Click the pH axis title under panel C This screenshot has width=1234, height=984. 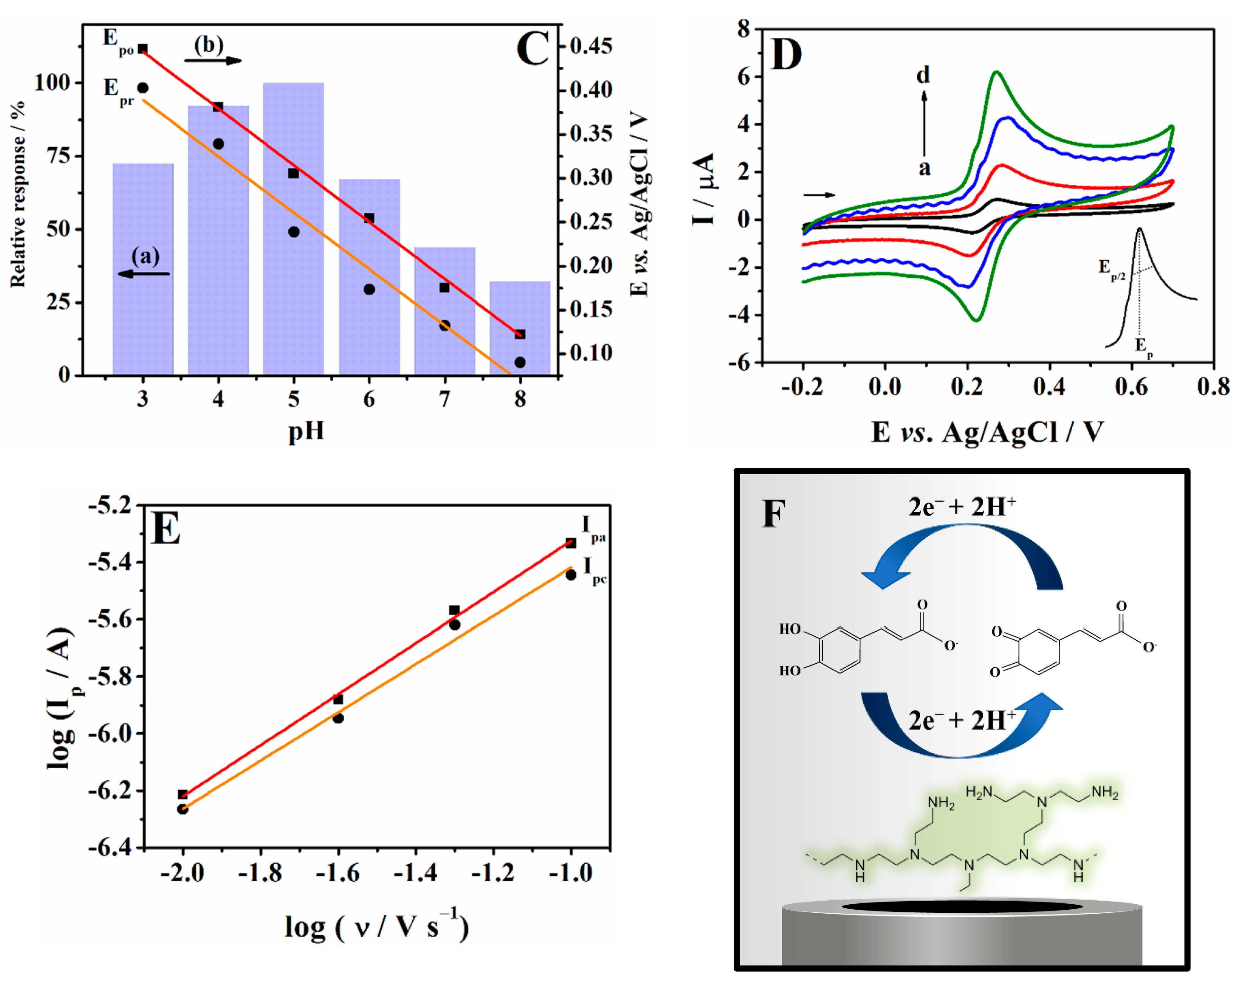306,431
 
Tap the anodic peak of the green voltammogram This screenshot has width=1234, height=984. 996,73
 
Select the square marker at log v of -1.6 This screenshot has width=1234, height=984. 338,700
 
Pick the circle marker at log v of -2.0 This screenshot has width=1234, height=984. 183,809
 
